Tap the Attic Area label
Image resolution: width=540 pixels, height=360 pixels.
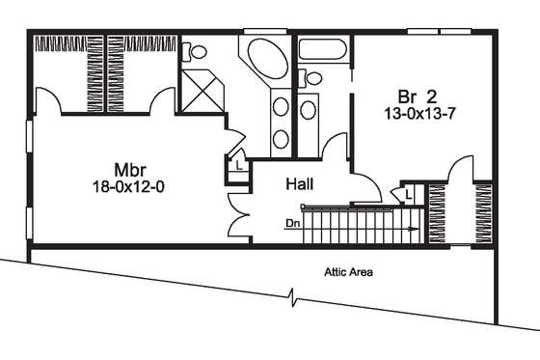point(348,272)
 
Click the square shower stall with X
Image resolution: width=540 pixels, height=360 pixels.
point(202,91)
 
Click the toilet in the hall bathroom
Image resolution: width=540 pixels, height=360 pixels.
point(311,78)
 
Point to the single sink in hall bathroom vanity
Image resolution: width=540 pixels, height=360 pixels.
point(309,109)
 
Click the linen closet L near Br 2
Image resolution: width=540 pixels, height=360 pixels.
point(410,194)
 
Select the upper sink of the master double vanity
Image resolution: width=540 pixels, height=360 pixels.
point(281,107)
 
